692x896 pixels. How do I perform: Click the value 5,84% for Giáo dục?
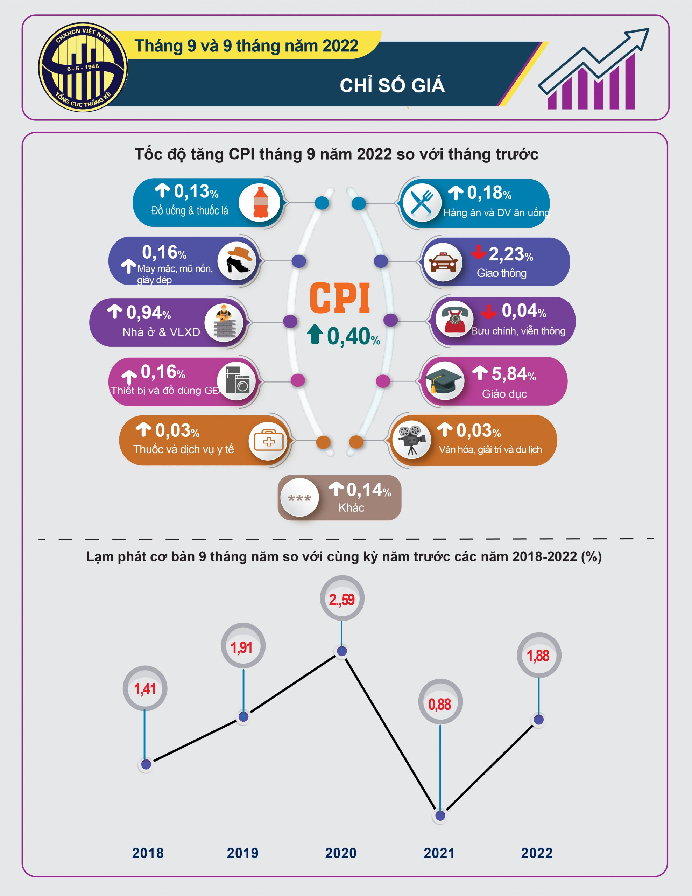point(514,374)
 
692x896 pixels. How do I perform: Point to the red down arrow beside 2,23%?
point(478,252)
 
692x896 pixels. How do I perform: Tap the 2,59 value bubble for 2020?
point(342,598)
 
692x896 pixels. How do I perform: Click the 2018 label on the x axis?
point(148,853)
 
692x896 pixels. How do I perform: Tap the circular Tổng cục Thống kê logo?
point(83,67)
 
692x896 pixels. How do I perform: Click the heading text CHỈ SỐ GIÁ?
point(392,85)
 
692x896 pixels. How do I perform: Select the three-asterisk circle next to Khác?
point(299,498)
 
